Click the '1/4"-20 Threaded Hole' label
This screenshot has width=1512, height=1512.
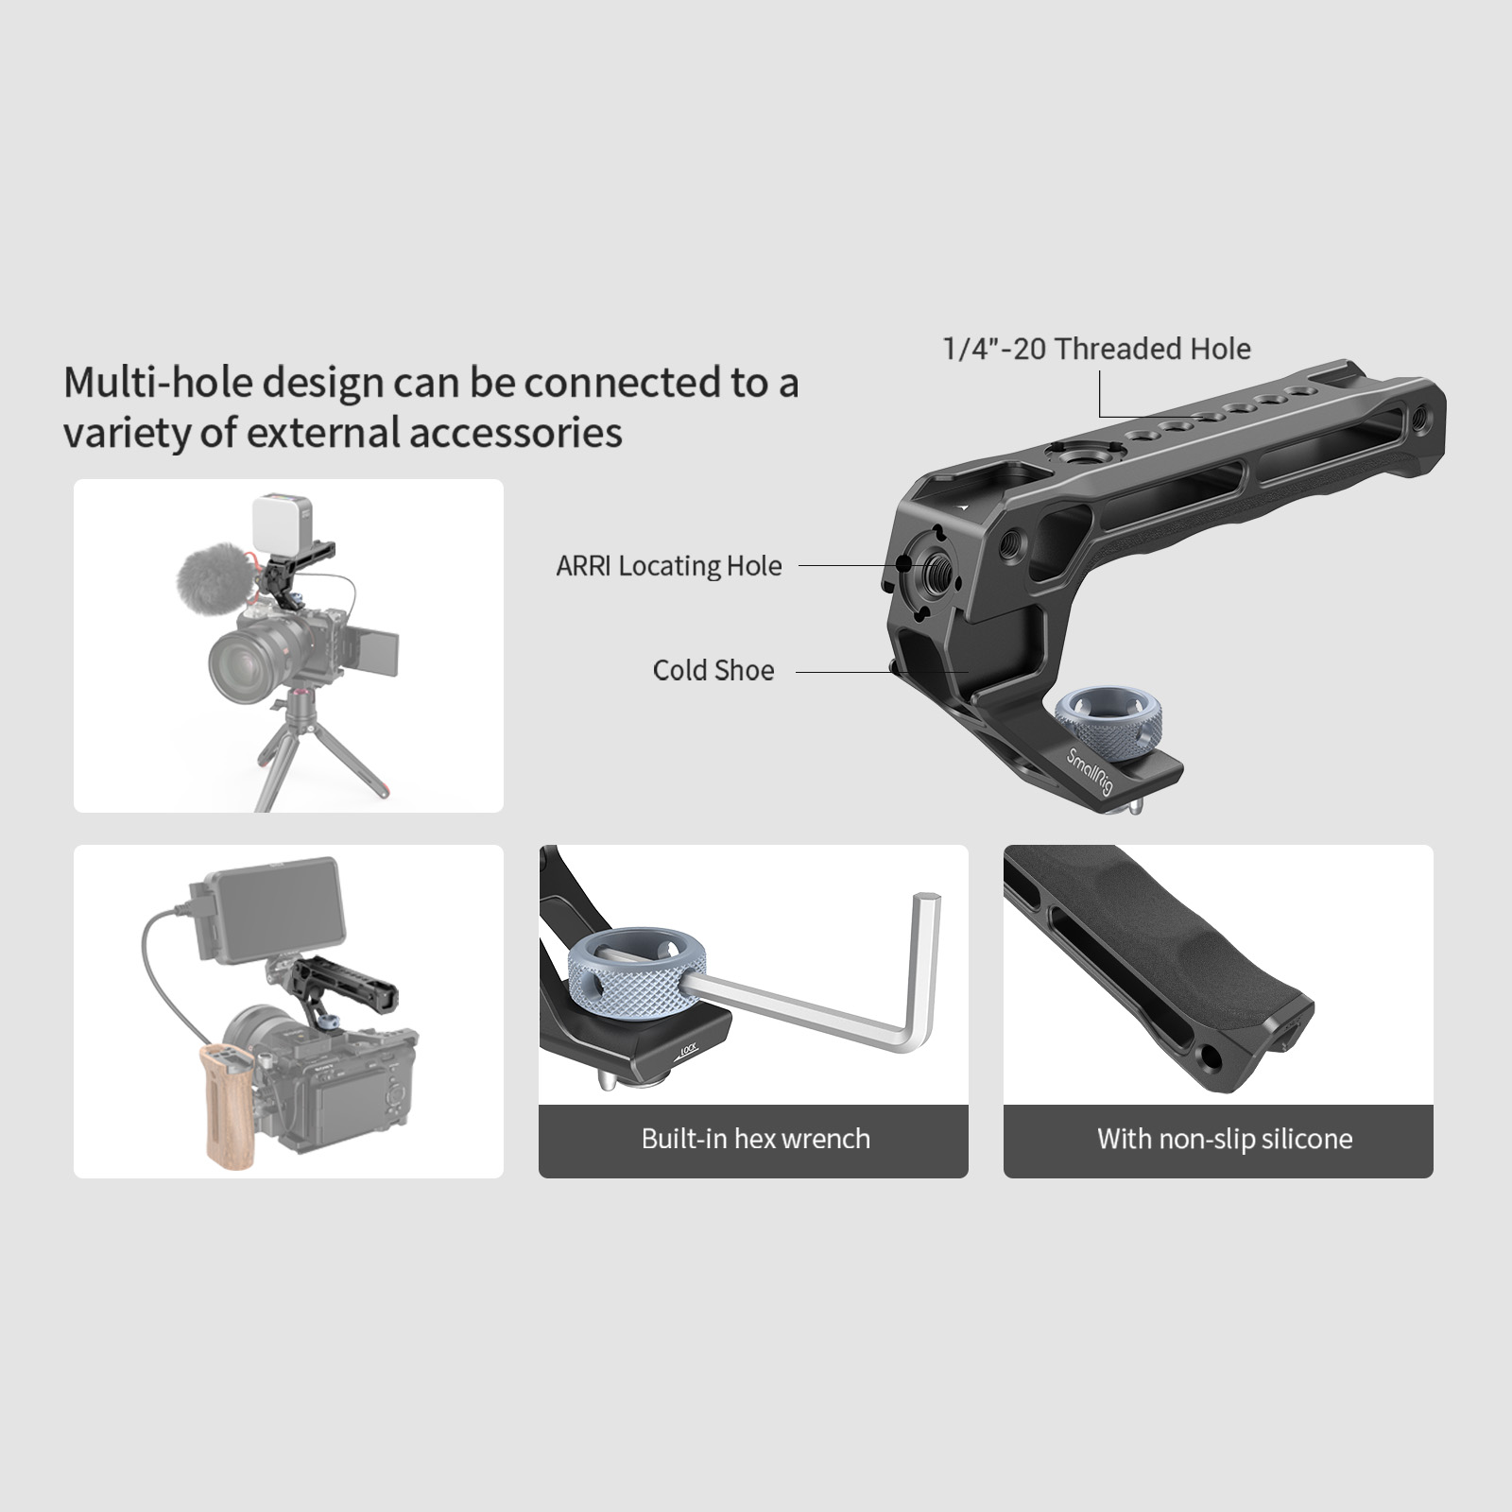point(1096,349)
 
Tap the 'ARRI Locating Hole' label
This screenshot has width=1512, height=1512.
point(669,566)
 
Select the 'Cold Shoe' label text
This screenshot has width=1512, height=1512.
point(713,670)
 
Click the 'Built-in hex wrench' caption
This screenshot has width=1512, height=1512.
point(755,1139)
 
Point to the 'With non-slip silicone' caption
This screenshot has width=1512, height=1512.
point(1225,1139)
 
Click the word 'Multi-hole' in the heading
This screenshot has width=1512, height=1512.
point(159,383)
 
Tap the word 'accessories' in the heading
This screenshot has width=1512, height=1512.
point(516,433)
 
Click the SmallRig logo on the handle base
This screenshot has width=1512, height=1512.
point(1090,771)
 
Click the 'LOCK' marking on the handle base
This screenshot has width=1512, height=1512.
point(687,1050)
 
